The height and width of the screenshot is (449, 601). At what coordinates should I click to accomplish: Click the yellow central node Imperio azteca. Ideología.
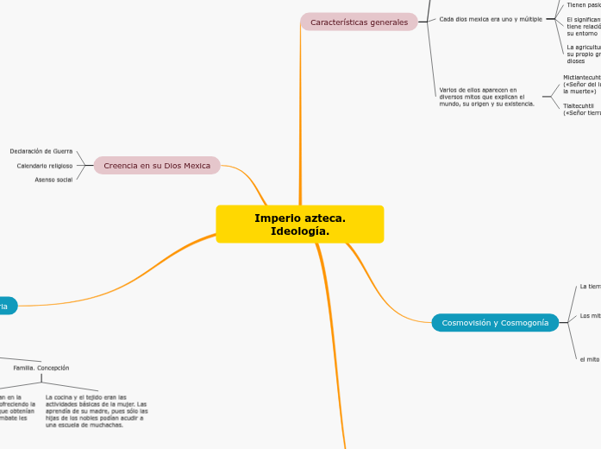pyautogui.click(x=299, y=224)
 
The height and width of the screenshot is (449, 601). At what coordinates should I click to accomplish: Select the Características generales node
pyautogui.click(x=359, y=22)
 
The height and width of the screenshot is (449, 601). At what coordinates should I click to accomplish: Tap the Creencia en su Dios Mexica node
pyautogui.click(x=157, y=165)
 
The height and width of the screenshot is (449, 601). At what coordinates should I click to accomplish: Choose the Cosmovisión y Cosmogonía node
pyautogui.click(x=495, y=323)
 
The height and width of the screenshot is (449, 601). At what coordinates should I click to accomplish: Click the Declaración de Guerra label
pyautogui.click(x=41, y=151)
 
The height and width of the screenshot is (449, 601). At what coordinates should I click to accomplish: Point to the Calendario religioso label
pyautogui.click(x=45, y=165)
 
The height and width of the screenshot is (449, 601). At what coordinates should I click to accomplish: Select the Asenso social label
pyautogui.click(x=53, y=180)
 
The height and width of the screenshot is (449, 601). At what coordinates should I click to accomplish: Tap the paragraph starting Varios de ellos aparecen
pyautogui.click(x=485, y=97)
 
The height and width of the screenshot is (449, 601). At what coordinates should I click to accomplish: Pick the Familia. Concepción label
pyautogui.click(x=41, y=368)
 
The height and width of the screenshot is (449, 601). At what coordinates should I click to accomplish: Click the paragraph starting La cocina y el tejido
pyautogui.click(x=96, y=411)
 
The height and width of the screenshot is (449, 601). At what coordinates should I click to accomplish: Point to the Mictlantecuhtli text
pyautogui.click(x=581, y=77)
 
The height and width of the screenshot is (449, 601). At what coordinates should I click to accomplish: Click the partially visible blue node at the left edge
pyautogui.click(x=7, y=307)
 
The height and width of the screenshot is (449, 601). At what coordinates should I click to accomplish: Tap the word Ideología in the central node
pyautogui.click(x=299, y=231)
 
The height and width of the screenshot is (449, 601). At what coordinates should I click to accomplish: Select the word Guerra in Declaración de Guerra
pyautogui.click(x=61, y=151)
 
